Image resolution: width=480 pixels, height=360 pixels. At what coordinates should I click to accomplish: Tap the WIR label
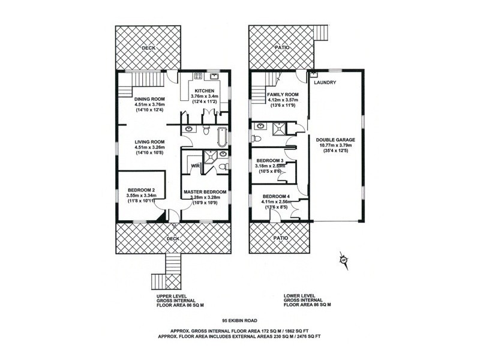coord(194,165)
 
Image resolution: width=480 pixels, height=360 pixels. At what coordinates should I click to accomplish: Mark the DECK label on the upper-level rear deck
coord(148,47)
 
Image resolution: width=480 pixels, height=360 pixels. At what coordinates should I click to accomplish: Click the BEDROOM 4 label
coord(275,196)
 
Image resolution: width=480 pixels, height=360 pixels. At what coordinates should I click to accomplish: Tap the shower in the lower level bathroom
coord(278,126)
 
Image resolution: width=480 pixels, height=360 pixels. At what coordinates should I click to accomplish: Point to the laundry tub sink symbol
coord(313,75)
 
